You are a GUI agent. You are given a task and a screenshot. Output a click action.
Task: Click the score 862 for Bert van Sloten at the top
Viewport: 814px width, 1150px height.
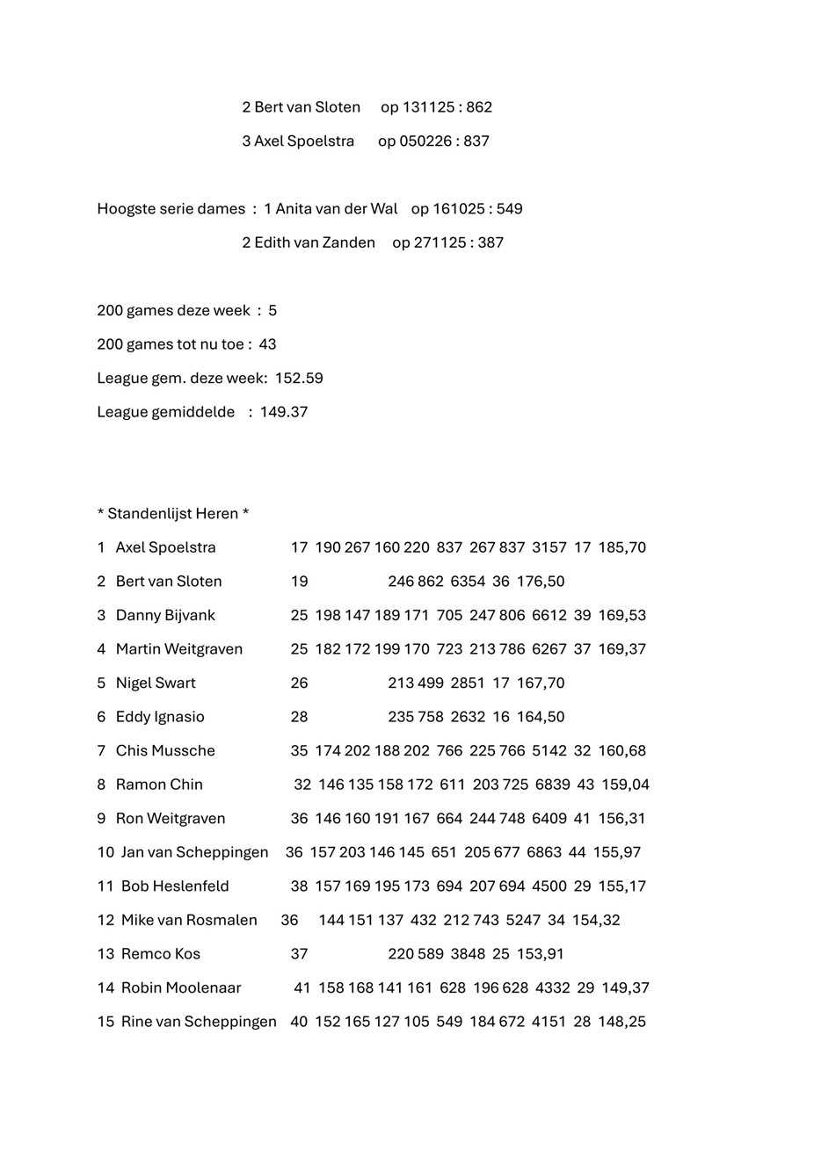coord(479,107)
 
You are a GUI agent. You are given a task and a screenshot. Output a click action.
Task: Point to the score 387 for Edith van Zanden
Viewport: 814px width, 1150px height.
coord(490,242)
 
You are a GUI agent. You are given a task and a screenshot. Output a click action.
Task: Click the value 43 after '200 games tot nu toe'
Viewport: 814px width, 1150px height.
coord(267,344)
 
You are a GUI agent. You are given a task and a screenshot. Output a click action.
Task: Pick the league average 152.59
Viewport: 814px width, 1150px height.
coord(299,379)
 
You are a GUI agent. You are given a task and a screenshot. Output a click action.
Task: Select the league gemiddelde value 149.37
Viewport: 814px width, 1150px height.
coord(284,412)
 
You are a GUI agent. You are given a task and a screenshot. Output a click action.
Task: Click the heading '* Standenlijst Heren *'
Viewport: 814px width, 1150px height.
coord(173,514)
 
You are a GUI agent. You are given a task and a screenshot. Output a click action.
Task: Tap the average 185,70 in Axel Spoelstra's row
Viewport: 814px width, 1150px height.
coord(621,547)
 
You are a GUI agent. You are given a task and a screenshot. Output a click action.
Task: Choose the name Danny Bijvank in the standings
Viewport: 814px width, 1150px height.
coord(165,615)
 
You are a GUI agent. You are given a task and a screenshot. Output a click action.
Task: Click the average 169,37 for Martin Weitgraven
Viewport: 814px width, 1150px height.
coord(621,649)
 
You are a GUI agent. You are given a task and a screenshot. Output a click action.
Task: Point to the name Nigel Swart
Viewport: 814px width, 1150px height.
coord(156,683)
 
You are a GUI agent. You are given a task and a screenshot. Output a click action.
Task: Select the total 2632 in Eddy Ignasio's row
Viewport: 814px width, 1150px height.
coord(468,717)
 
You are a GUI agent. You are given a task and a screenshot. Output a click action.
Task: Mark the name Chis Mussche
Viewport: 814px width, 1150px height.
coord(165,750)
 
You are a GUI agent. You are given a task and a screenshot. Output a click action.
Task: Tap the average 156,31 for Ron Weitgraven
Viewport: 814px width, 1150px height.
coord(621,819)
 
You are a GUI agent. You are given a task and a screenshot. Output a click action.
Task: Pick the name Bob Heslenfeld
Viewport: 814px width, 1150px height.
coord(175,886)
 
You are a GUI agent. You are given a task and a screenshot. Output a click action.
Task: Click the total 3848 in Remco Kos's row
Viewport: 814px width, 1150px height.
coord(468,954)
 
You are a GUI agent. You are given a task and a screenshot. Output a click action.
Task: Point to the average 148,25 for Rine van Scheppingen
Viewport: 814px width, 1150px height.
coord(621,1022)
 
